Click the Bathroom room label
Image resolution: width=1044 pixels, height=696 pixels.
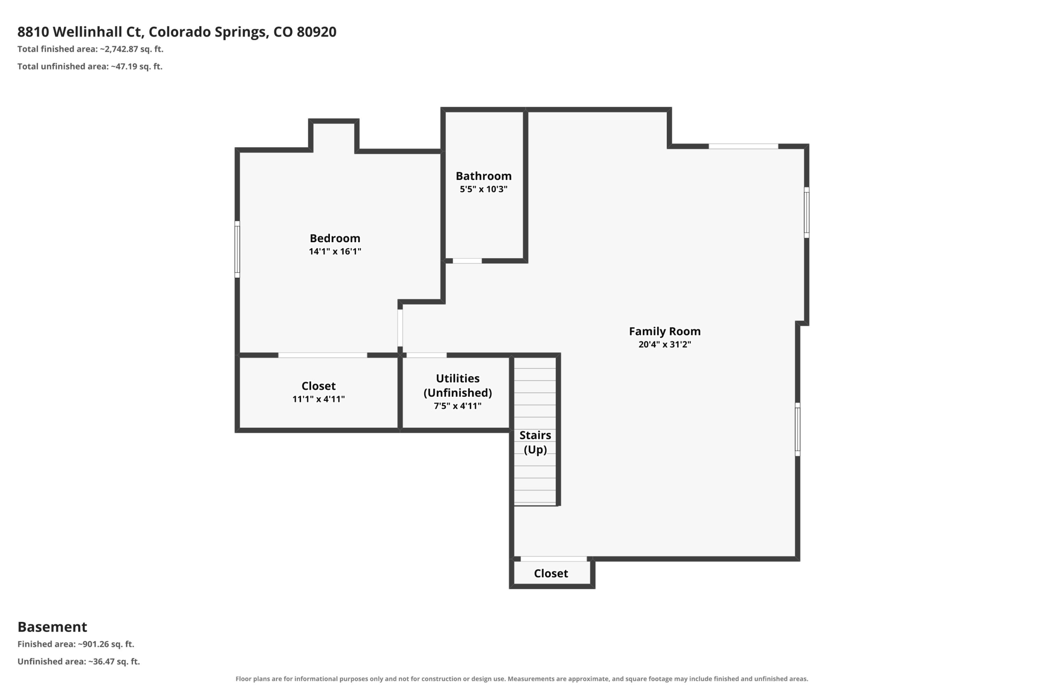483,176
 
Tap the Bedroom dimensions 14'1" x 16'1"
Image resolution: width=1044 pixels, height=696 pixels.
335,251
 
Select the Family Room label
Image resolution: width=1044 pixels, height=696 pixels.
664,331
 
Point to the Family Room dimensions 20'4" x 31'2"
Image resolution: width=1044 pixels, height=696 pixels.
664,345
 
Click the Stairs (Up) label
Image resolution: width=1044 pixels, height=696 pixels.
535,442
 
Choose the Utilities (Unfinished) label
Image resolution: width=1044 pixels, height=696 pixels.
458,385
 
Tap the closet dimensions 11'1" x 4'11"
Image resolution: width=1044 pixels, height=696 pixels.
318,399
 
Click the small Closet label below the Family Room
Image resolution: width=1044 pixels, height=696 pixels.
551,574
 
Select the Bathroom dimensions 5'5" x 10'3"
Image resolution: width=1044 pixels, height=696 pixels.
483,189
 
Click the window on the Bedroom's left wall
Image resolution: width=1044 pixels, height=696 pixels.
237,250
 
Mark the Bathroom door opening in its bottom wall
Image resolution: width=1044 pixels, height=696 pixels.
467,261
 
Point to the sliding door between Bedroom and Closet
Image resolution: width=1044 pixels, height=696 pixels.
323,355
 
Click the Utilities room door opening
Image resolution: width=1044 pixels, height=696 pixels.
427,355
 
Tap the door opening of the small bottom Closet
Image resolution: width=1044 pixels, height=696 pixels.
553,559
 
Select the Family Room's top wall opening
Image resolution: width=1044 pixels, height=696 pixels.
743,146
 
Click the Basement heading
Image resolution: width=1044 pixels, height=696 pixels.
52,627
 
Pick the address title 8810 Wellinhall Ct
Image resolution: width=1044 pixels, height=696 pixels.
177,32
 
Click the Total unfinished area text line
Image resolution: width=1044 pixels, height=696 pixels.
90,66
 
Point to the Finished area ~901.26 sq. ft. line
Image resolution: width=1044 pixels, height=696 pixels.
76,644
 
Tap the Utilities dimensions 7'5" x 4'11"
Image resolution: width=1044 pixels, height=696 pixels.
458,406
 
